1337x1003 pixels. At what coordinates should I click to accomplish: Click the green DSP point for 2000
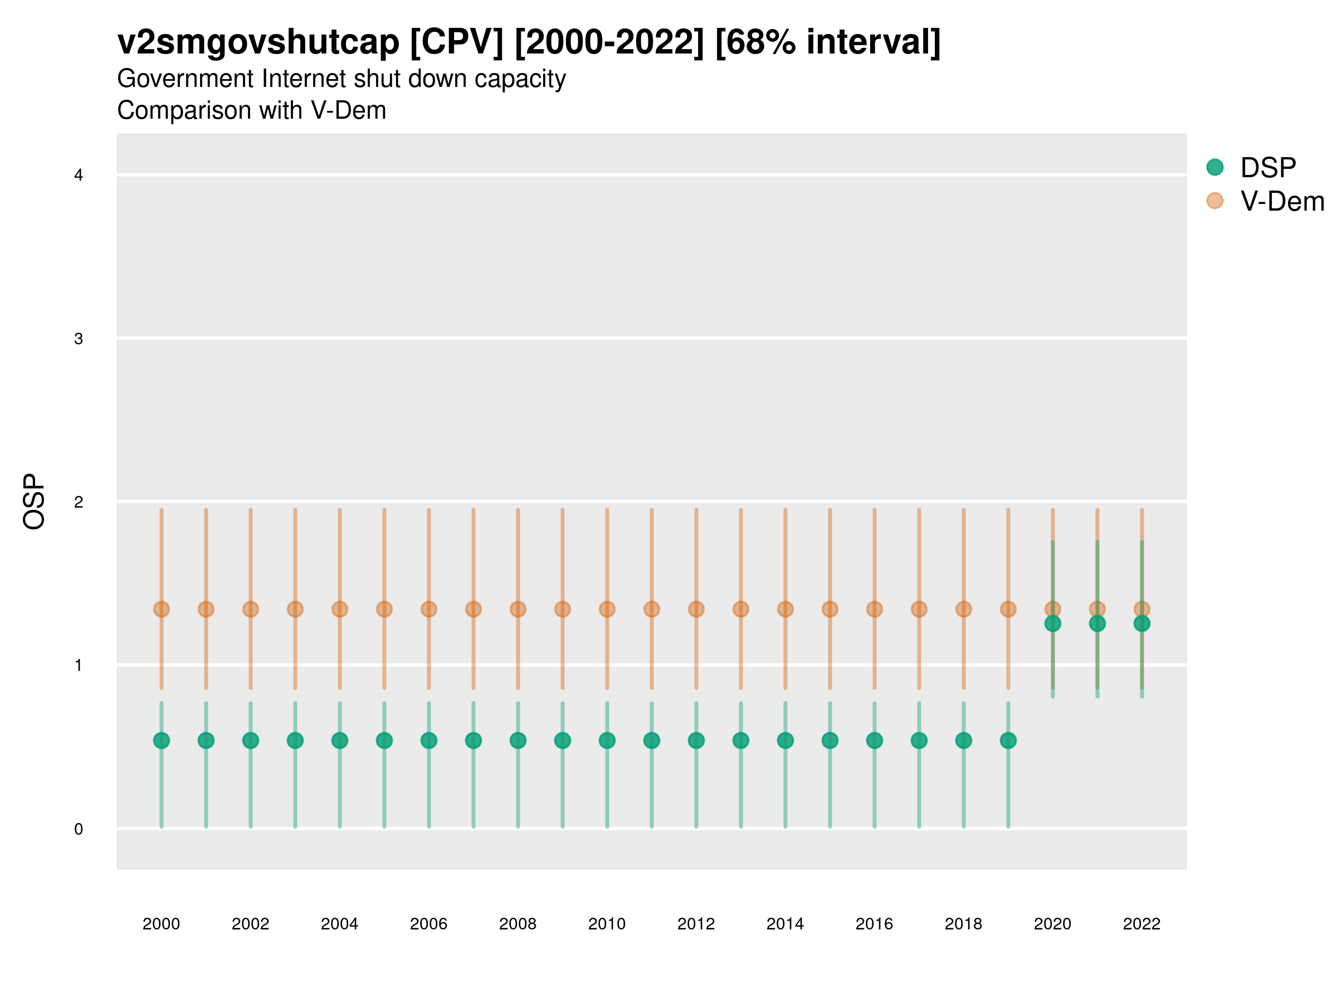(162, 740)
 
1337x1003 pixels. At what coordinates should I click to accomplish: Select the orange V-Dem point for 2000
(162, 609)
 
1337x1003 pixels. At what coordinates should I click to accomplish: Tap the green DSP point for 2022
(1142, 624)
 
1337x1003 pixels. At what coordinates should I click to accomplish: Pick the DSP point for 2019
(1008, 740)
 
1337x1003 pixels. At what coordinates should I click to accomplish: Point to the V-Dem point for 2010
(607, 609)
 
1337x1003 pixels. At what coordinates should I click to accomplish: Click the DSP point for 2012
(696, 740)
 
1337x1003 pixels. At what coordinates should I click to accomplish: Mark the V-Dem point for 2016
(875, 609)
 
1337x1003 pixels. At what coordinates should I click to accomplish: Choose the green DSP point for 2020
(1053, 624)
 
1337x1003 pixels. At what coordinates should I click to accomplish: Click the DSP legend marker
(1215, 167)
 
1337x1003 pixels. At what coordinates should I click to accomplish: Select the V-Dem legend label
(1282, 201)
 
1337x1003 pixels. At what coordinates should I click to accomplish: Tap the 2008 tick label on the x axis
(518, 924)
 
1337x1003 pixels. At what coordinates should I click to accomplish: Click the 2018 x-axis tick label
(963, 924)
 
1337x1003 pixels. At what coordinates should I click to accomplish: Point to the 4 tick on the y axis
(79, 176)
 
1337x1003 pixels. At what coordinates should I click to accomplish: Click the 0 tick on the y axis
(79, 829)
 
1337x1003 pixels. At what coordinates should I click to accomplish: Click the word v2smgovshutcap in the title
(258, 42)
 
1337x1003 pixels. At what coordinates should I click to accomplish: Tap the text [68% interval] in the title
(827, 42)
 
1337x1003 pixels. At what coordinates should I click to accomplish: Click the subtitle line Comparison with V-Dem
(251, 110)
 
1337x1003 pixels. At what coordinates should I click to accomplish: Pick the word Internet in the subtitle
(304, 79)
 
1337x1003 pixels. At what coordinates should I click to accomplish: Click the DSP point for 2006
(428, 740)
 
